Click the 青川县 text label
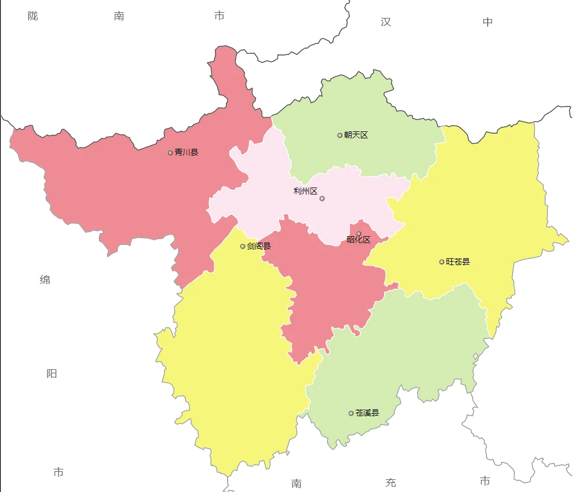pos(187,153)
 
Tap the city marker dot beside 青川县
pos(170,153)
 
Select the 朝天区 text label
pos(356,135)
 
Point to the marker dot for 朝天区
pos(340,135)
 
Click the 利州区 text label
pos(305,191)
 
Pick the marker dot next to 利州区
pos(322,199)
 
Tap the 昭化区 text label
pos(358,240)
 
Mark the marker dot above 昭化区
pos(359,233)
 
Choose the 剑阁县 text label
pos(259,247)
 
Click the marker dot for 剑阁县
pos(243,247)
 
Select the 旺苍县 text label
pos(458,262)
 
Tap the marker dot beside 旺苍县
pos(442,262)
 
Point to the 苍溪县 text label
pos(367,413)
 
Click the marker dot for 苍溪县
pos(351,413)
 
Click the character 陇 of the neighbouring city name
pos(33,16)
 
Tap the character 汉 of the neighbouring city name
pos(386,22)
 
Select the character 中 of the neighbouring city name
pos(488,22)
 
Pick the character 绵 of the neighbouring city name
pos(45,280)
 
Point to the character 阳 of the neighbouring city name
pos(52,374)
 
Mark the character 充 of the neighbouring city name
pos(391,483)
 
